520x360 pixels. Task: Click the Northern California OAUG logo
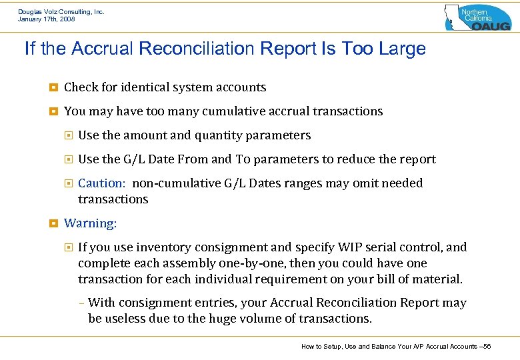477,17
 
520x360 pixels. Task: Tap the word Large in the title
401,49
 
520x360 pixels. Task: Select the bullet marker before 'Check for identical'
52,87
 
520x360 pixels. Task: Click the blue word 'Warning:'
90,223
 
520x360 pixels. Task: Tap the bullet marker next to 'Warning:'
52,223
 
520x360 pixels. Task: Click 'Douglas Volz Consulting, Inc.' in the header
61,12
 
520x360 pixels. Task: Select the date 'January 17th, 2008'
47,19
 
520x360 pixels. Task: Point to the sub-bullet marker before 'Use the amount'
67,135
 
